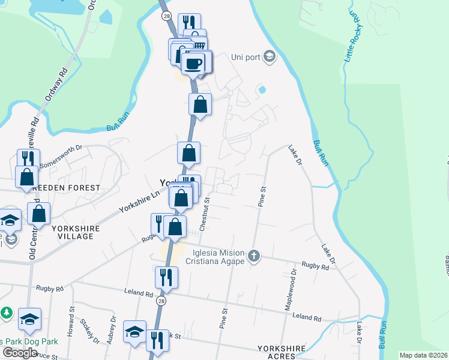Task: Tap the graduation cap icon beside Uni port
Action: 270,57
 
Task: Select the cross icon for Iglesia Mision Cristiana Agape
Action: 254,256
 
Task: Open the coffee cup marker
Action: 193,62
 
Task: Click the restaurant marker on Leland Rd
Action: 166,277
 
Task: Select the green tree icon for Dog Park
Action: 7,313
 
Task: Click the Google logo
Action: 20,353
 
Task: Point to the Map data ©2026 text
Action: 423,355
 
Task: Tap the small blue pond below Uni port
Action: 262,91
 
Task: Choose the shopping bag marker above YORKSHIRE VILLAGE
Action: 39,214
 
